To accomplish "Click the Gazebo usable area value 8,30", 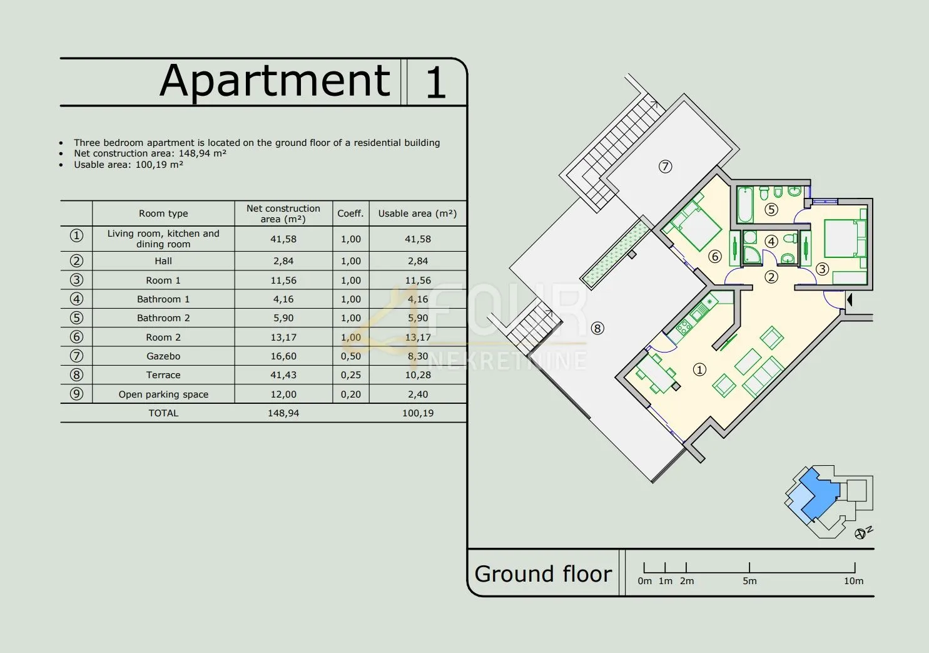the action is pos(418,356).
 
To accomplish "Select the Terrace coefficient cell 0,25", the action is pos(351,375).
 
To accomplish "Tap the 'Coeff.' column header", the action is pos(350,213).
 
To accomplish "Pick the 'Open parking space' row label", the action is pos(163,394).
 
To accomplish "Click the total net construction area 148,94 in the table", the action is pos(283,413).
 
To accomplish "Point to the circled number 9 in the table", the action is pos(76,394).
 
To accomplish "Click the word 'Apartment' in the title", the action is pos(275,81).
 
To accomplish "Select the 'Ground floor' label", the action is pos(543,573).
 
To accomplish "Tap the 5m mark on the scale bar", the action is pos(749,568).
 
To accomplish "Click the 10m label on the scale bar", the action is pos(853,581).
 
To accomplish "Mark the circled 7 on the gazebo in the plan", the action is pos(665,167).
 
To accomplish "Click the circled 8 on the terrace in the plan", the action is pos(597,328).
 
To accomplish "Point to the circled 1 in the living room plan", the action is pos(699,369).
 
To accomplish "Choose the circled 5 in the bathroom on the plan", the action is pos(771,209).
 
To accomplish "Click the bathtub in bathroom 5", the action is pos(745,205).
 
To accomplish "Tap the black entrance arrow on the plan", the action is pos(849,299).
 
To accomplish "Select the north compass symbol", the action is pos(861,533).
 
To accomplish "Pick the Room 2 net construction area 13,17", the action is pos(283,337).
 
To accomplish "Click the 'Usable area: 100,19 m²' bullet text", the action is pos(129,165).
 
